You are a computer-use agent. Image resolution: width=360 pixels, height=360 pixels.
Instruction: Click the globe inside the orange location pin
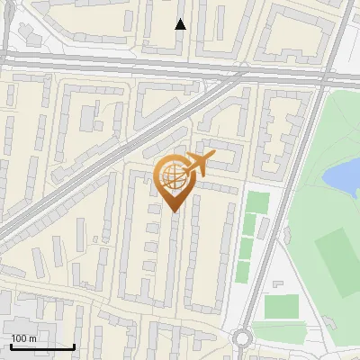174,179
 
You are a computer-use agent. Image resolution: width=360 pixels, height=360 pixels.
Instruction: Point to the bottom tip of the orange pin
175,211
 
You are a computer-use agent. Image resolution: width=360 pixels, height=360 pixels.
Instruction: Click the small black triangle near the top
181,24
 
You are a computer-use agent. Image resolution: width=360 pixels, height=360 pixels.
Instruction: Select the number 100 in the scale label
19,338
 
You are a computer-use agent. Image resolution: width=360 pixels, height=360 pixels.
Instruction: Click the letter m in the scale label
32,338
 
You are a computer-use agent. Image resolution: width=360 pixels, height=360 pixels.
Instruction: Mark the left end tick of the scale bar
11,346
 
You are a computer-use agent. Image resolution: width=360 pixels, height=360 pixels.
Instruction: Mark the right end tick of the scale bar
74,346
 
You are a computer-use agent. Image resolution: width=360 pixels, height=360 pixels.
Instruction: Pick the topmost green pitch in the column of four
257,203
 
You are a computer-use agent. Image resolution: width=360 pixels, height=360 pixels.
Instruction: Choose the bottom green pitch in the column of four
243,272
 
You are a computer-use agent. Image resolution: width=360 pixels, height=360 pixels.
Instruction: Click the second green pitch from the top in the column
252,226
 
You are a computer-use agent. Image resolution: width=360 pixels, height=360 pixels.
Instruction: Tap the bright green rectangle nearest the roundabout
281,307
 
